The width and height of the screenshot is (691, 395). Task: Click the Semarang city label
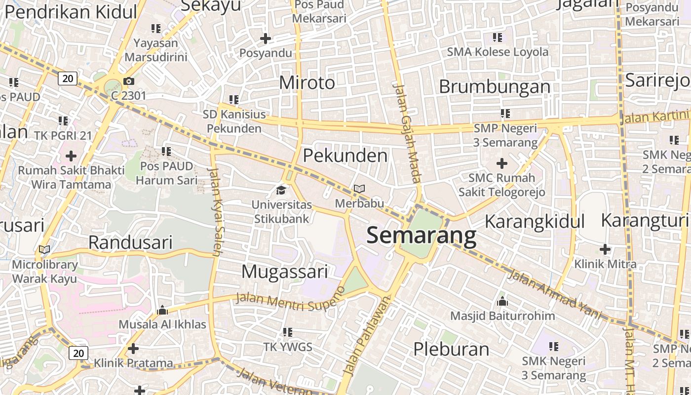422,236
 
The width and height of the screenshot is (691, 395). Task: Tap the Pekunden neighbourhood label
345,156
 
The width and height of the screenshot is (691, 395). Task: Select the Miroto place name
307,82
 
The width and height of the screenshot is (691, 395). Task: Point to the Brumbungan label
495,86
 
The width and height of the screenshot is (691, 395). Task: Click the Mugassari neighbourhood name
285,272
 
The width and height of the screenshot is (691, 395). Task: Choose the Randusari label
130,242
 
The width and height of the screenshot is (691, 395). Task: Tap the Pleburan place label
451,349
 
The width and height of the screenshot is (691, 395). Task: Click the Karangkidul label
535,222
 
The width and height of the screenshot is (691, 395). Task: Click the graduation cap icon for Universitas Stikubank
281,190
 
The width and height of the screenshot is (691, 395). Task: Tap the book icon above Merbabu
359,189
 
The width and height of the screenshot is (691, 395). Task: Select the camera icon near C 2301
129,81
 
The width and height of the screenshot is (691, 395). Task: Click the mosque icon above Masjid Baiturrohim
502,301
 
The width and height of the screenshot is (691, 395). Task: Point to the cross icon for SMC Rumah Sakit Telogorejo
502,163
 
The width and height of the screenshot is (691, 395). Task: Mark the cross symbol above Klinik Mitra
605,249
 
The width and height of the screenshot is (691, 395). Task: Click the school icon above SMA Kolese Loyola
498,38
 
